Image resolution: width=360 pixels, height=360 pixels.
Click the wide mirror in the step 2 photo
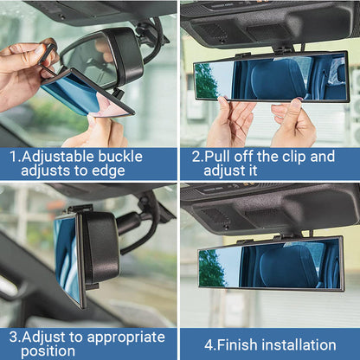(270, 77)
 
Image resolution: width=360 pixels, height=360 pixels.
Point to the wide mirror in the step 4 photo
(270, 262)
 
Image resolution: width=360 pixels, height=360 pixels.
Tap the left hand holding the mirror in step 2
(229, 123)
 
